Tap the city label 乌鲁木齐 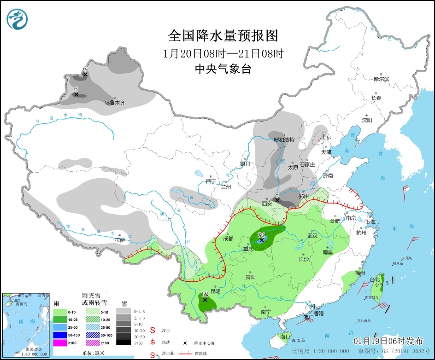[115, 103]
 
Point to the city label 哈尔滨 [381, 79]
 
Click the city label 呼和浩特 [284, 139]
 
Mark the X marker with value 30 [261, 240]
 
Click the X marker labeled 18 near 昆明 [205, 300]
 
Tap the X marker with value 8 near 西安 [277, 200]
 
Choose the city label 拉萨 [120, 240]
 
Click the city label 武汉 [312, 236]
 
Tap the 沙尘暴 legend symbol [153, 354]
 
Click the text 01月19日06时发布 [388, 341]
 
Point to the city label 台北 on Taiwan [374, 280]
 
